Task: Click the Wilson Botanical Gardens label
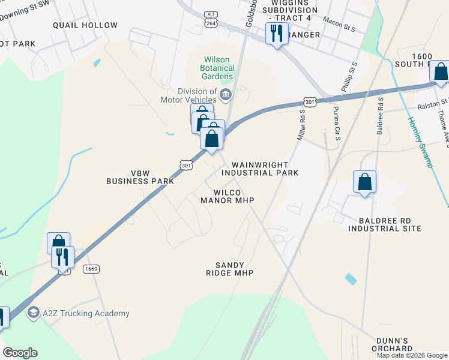tap(217, 68)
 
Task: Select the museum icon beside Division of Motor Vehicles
tap(226, 94)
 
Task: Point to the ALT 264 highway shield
tap(210, 19)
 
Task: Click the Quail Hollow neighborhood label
tap(85, 25)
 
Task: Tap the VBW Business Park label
tap(128, 176)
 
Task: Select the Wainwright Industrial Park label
tap(260, 169)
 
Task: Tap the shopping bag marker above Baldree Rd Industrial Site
tap(365, 182)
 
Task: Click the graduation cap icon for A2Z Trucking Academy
tap(34, 313)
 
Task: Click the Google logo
tap(20, 353)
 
